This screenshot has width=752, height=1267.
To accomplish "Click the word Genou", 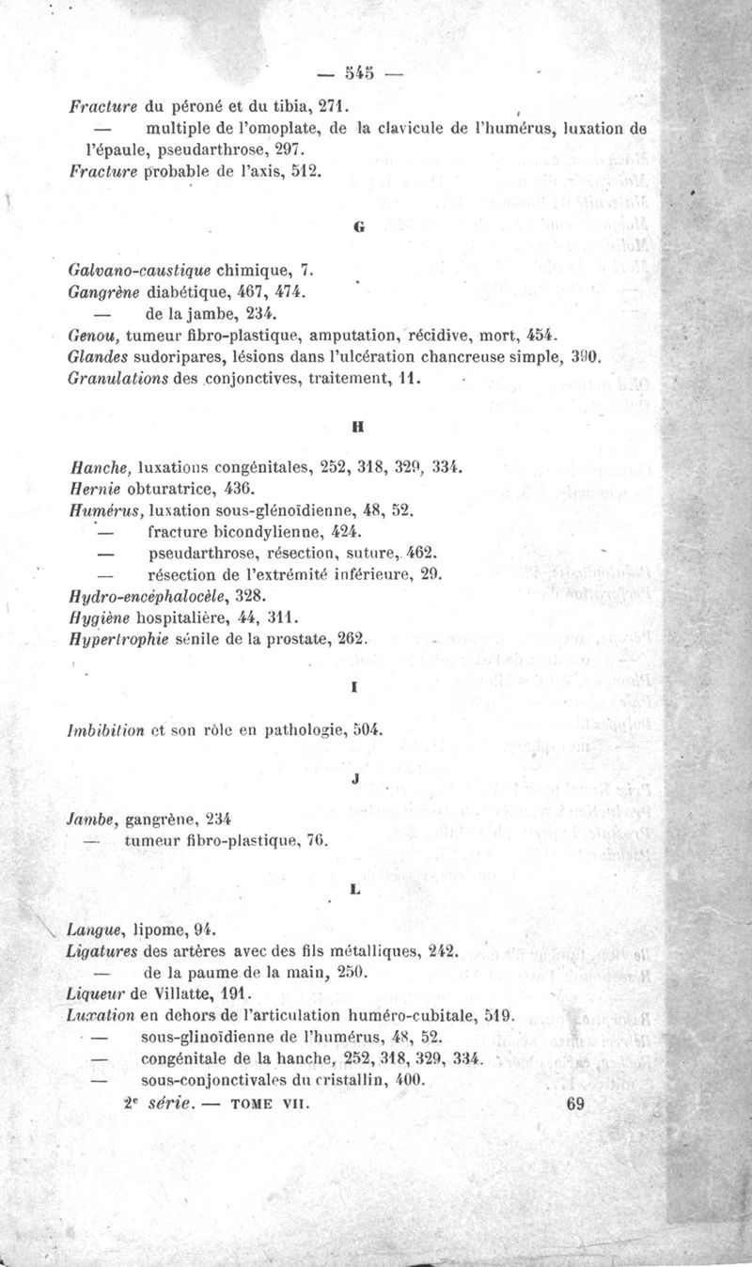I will pos(90,336).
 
